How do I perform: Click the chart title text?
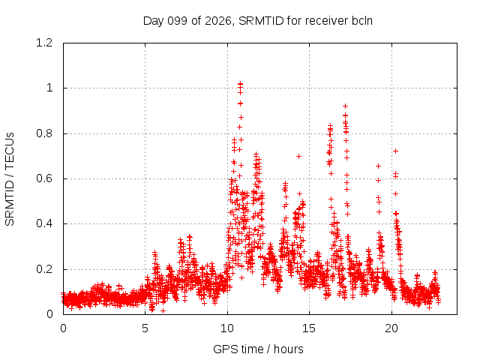(258, 21)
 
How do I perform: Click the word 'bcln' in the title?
(362, 21)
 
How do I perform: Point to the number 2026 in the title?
(218, 21)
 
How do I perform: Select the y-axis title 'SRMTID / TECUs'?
(10, 179)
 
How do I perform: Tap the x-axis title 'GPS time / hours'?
(258, 349)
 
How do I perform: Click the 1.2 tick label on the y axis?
(44, 43)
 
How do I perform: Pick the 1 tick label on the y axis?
(49, 88)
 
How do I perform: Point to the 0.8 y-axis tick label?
(44, 133)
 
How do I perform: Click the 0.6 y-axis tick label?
(44, 178)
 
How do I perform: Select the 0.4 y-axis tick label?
(44, 223)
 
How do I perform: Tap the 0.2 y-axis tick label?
(44, 269)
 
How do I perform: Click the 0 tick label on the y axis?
(49, 314)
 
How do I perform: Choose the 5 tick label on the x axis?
(145, 328)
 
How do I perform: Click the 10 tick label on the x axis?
(227, 328)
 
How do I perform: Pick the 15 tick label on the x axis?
(309, 328)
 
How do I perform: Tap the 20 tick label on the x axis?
(391, 328)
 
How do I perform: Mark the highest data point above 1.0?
(240, 83)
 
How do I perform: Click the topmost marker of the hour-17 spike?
(345, 106)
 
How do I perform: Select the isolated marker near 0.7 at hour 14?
(298, 157)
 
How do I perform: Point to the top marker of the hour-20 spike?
(395, 151)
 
